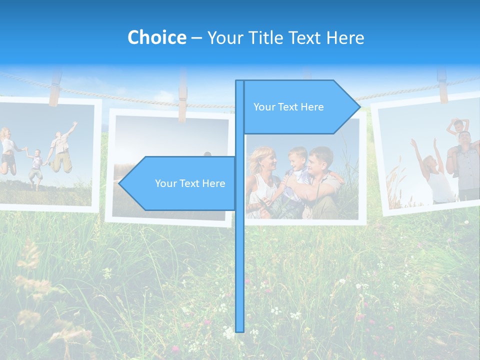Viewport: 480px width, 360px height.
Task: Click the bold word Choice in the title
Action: pyautogui.click(x=156, y=37)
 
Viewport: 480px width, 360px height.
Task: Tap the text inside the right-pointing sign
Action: pyautogui.click(x=288, y=107)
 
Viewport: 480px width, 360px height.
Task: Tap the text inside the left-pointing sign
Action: pyautogui.click(x=190, y=183)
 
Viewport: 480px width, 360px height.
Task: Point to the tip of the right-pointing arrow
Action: pyautogui.click(x=358, y=106)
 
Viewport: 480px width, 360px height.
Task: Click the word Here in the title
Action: pyautogui.click(x=345, y=38)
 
